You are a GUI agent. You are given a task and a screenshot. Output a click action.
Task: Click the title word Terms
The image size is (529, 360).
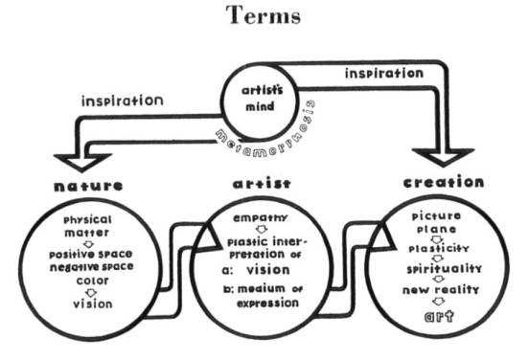[x=264, y=17]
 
